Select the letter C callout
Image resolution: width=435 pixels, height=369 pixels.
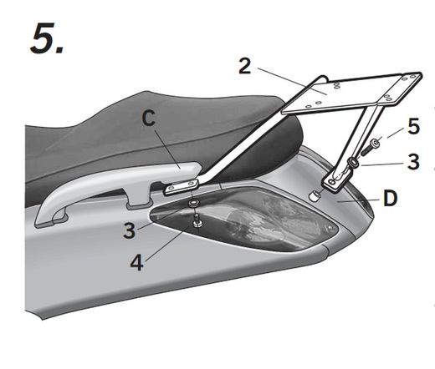pos(148,119)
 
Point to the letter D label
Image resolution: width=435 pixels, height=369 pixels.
pos(390,200)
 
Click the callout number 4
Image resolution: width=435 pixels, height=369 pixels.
pos(136,262)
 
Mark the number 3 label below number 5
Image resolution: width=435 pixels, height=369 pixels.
pos(412,160)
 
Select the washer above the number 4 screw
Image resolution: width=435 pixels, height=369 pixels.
pos(193,203)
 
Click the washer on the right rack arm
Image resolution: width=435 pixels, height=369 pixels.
pos(354,164)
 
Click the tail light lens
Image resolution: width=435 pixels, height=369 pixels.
pos(251,220)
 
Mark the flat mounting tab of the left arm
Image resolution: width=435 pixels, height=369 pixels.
pos(183,182)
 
